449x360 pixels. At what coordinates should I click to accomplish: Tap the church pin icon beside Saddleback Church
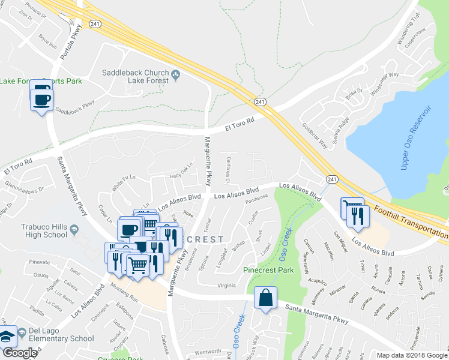pos(176,74)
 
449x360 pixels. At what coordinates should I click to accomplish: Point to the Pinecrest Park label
pos(268,270)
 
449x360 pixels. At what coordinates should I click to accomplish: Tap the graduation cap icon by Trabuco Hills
pos(73,230)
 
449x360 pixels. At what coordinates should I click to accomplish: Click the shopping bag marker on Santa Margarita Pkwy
pos(265,298)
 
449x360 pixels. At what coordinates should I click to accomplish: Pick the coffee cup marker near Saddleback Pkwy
pos(41,98)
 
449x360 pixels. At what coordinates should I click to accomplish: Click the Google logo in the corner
pos(19,353)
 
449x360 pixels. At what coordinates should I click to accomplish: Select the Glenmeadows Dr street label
pos(24,191)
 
